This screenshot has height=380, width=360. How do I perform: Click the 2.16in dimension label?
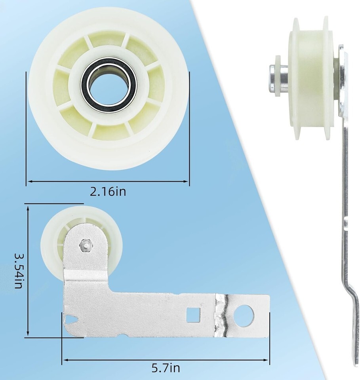(x=108, y=192)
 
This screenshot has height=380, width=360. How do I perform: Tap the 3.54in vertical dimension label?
(x=19, y=271)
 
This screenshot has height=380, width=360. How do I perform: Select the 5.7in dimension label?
(x=166, y=368)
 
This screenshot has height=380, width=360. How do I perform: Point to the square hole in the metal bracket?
(x=193, y=315)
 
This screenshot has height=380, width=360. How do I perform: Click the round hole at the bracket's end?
(x=244, y=315)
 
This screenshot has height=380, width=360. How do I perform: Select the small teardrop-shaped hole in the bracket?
(x=71, y=320)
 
